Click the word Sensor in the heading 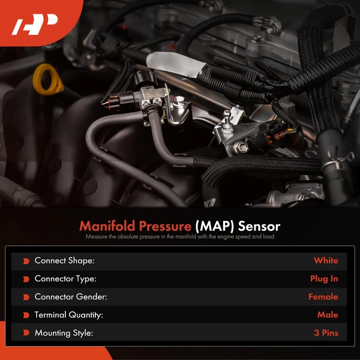point(259,227)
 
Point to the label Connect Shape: point(64,260)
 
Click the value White point(326,260)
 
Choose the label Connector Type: point(65,278)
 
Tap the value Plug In point(324,278)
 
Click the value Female point(323,296)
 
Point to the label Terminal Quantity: point(68,314)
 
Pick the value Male point(328,314)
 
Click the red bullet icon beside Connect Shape point(26,261)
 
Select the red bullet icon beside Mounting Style point(26,333)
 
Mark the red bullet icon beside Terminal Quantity point(26,315)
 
